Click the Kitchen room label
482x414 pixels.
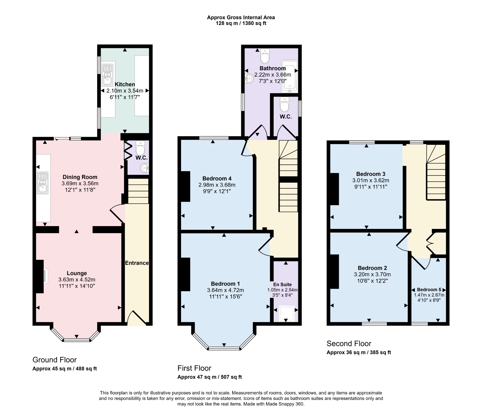coord(125,84)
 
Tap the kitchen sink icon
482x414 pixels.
coord(107,75)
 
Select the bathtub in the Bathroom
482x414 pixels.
coord(289,75)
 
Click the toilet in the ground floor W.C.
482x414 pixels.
coord(140,148)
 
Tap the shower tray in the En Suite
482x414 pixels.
coord(286,313)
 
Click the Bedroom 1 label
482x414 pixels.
coord(225,284)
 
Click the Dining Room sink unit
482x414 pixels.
coord(43,183)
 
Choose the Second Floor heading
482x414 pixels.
coord(349,343)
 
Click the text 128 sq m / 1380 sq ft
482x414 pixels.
coord(241,23)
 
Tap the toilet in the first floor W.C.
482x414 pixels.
coord(284,105)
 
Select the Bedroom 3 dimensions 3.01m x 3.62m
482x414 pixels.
coord(371,180)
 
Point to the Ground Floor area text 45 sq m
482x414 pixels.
coord(65,369)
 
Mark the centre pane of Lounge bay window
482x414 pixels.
coord(77,340)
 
